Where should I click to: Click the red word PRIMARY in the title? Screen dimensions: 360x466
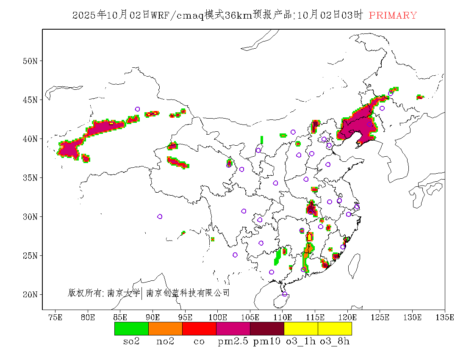point(393,15)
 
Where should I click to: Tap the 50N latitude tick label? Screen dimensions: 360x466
point(30,61)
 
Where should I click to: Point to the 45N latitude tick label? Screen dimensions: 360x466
point(30,100)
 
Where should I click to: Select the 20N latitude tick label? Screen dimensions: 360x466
point(30,294)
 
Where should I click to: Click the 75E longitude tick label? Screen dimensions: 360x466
point(55,317)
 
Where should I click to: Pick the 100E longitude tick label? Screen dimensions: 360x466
point(217,317)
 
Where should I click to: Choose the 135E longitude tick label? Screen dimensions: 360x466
point(445,317)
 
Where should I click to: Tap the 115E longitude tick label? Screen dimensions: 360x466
point(315,317)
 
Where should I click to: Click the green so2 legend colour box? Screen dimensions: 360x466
point(131,329)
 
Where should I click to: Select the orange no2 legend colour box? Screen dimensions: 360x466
point(165,329)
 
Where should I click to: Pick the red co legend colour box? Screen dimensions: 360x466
point(199,329)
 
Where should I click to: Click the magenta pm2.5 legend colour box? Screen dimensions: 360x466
point(233,329)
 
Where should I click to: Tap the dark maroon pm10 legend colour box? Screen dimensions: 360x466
point(267,329)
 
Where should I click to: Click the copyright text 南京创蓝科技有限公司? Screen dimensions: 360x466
point(188,293)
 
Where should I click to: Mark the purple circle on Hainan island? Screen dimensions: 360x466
point(285,294)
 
